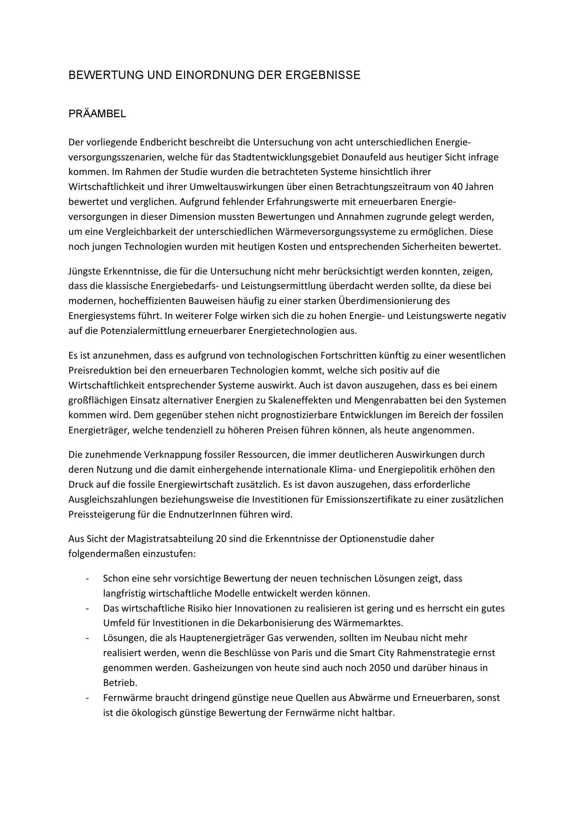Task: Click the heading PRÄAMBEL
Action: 97,114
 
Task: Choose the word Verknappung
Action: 173,455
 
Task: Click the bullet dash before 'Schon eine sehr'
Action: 87,578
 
